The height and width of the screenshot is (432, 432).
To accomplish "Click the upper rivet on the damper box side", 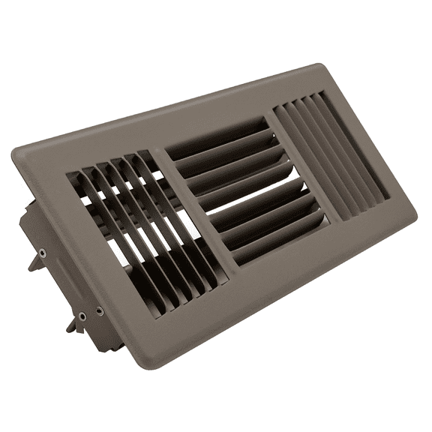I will (x=42, y=253).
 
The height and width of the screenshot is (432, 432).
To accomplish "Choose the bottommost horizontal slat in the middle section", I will (x=277, y=240).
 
